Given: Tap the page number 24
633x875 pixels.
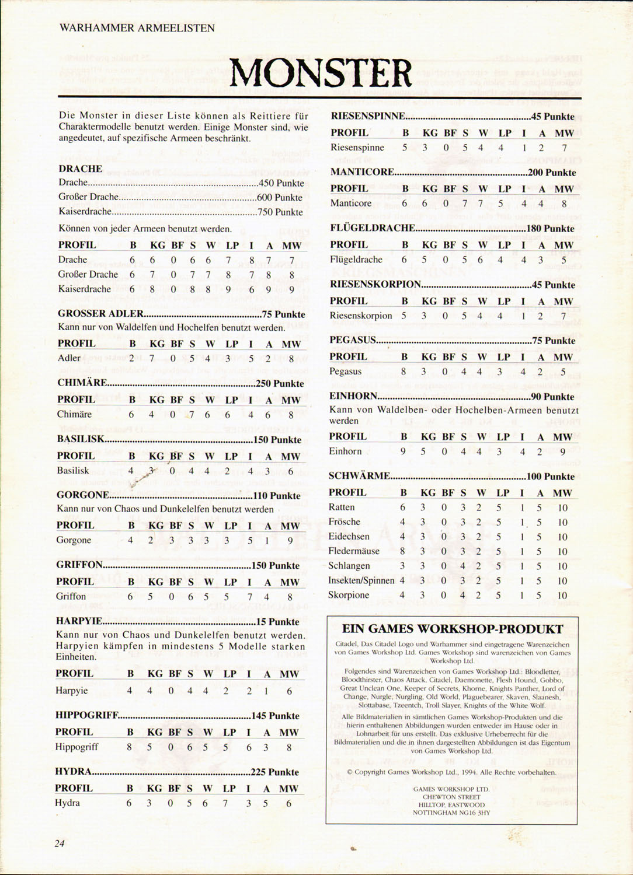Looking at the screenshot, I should click(59, 842).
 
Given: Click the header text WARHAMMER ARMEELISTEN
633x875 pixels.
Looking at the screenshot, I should click(137, 27).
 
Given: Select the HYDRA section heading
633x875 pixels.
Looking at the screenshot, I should click(74, 772).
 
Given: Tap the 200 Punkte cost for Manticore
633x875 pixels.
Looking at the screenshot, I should click(552, 173).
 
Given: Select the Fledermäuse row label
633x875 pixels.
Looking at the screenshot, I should click(354, 551).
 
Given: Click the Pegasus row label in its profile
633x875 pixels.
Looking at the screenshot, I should click(346, 372).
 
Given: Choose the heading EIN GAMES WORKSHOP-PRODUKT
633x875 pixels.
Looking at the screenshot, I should click(453, 629).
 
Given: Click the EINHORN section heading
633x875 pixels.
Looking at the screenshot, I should click(353, 397).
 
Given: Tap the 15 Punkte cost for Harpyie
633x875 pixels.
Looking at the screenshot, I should click(277, 622).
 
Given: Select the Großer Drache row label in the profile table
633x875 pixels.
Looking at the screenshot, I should click(88, 274).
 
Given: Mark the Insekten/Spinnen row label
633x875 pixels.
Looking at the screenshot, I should click(361, 580).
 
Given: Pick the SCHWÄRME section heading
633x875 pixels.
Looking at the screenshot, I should click(359, 476).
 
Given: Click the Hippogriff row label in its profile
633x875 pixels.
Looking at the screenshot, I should click(77, 747).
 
